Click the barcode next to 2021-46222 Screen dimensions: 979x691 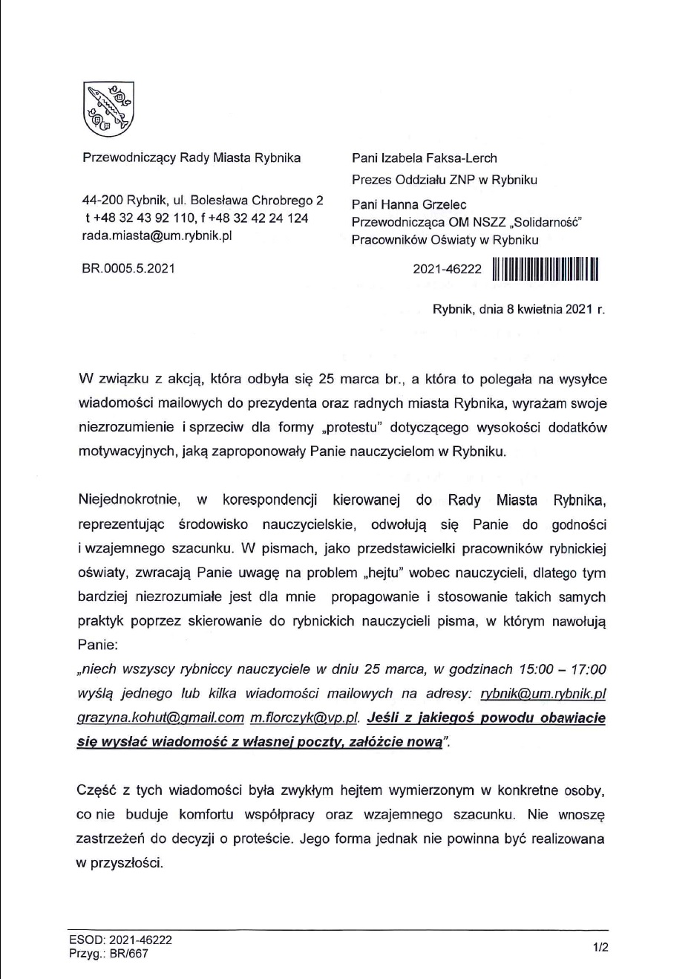545,269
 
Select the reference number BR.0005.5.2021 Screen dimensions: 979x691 128,268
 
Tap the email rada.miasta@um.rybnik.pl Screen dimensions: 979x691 157,235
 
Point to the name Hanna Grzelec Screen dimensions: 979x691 435,204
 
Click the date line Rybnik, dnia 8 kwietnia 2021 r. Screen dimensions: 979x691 518,309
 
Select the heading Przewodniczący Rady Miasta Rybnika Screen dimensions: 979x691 191,157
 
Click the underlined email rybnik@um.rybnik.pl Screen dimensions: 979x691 543,694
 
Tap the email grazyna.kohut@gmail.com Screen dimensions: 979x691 160,718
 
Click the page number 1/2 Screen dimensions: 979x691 600,947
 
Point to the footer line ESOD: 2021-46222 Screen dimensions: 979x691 120,940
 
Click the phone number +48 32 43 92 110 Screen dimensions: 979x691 143,218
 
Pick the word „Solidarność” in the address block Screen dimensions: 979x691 543,221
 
